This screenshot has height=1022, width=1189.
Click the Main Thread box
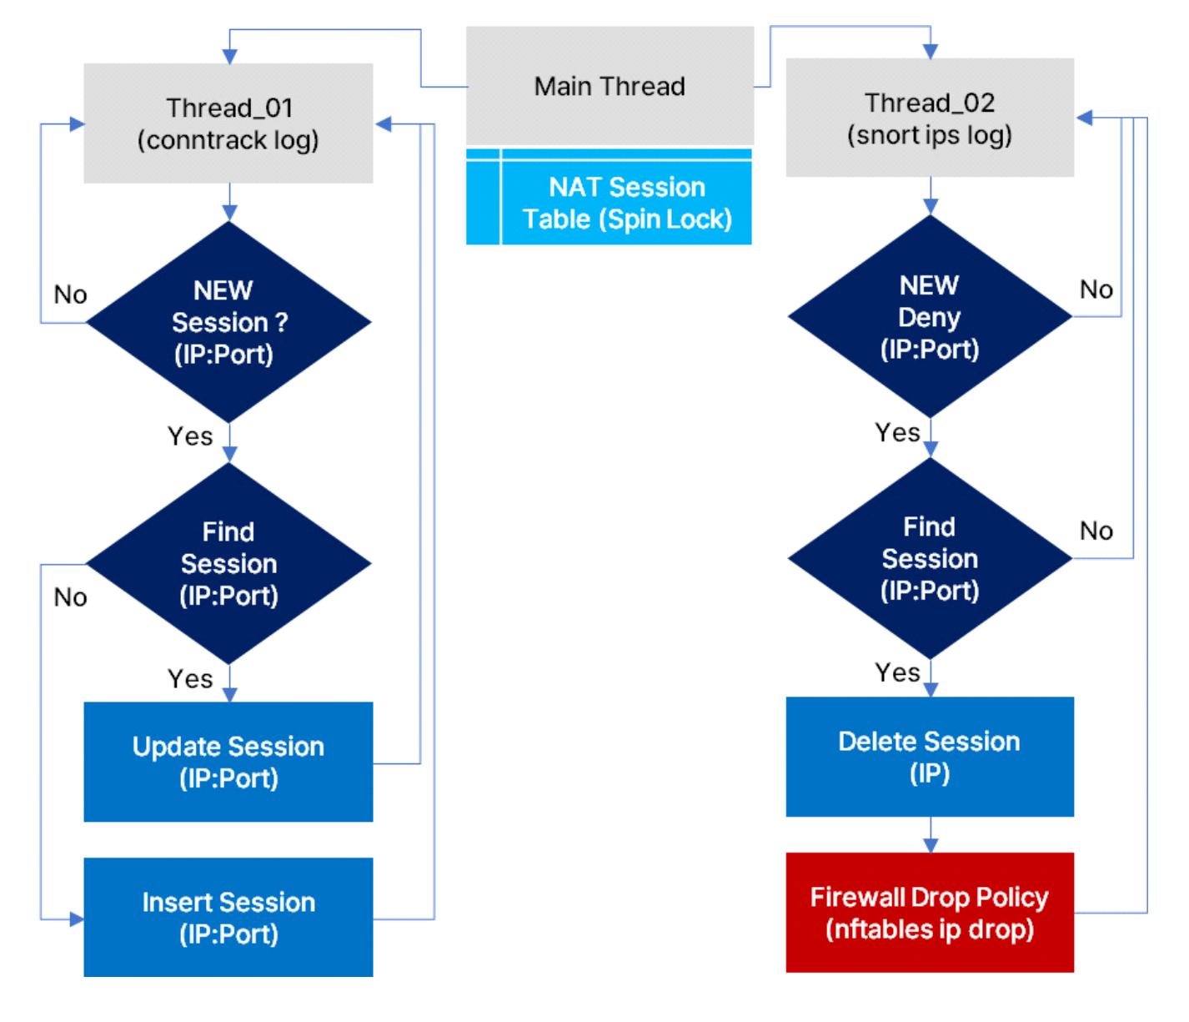(x=610, y=86)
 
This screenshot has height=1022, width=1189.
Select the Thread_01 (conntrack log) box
(x=228, y=123)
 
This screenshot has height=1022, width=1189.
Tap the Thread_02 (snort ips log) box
(x=930, y=118)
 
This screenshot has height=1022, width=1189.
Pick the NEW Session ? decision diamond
(x=228, y=322)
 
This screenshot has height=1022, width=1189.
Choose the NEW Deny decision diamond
(x=930, y=317)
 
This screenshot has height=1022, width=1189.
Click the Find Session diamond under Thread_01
(x=228, y=564)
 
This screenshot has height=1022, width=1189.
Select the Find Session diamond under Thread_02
(x=930, y=559)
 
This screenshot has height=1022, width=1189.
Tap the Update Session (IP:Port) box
(x=228, y=762)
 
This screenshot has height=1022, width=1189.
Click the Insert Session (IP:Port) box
(x=228, y=918)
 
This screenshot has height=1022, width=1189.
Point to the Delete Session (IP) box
(x=930, y=757)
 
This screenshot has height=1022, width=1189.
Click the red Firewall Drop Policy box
(x=930, y=913)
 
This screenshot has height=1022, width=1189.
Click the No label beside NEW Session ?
(x=70, y=295)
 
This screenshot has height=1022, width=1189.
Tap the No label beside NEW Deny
(x=1096, y=289)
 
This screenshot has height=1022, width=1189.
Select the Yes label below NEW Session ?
(x=190, y=436)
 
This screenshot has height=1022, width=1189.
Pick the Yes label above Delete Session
(x=897, y=672)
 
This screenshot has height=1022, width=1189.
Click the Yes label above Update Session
(x=190, y=679)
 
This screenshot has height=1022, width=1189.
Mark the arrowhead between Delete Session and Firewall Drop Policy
(x=931, y=845)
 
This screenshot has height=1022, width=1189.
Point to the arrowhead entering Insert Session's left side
(x=77, y=919)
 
